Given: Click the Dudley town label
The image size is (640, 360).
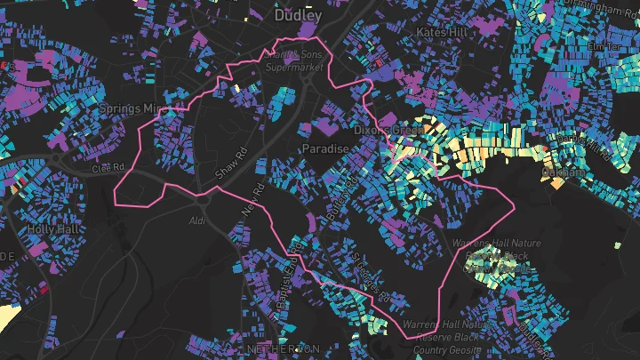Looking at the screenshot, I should pos(298,15).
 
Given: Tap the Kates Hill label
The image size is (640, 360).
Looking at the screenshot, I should pos(442,31).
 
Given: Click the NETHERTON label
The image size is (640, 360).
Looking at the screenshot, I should pos(284,348).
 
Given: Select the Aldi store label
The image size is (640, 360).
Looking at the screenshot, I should pos(197,220).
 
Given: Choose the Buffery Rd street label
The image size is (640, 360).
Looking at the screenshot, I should pos(344,187).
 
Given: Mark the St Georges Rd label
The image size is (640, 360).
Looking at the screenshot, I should pos(366,277).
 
